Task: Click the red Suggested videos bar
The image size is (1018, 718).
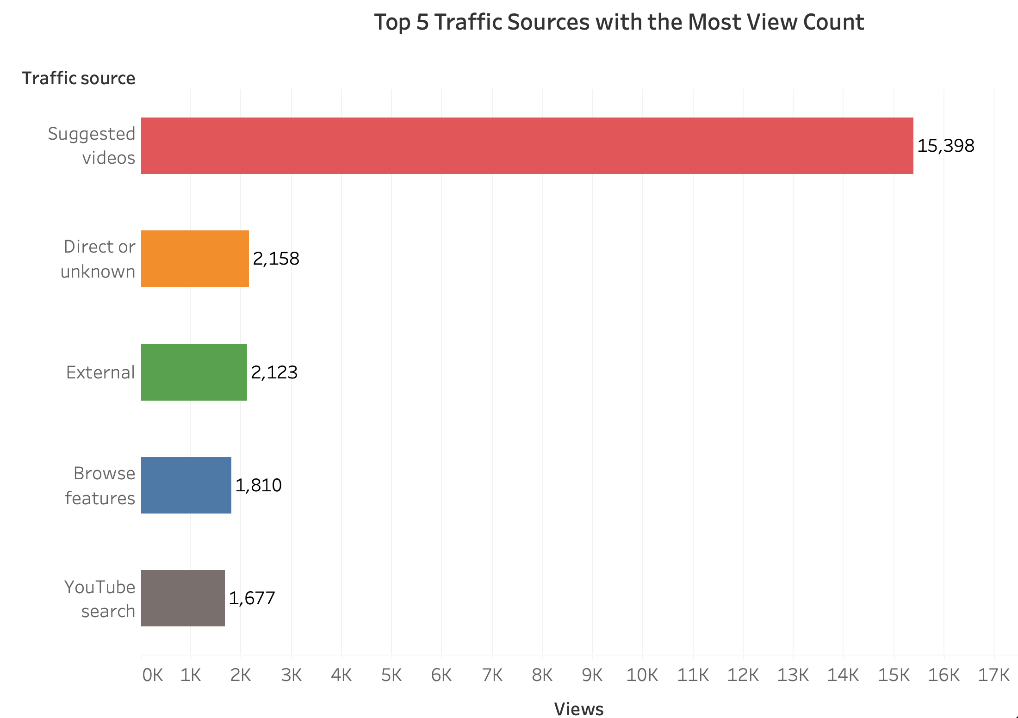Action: coord(527,146)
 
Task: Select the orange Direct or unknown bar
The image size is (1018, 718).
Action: coord(195,259)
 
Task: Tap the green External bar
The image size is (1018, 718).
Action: coord(194,372)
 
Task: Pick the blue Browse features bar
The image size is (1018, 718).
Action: coord(186,485)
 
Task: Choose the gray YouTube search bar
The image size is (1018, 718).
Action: coord(183,598)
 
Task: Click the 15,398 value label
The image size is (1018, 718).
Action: coord(945,146)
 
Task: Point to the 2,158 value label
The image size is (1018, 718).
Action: coord(276,259)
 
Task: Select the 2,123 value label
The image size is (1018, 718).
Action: coord(274,373)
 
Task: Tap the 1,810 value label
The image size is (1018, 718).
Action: coord(258,486)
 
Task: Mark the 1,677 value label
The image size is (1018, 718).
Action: coord(252,599)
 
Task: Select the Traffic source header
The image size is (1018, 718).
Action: coord(79,79)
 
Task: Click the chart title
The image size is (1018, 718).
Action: coord(619,22)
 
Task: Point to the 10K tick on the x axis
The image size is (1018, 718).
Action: coord(642,675)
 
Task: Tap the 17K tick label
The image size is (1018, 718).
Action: coord(993,675)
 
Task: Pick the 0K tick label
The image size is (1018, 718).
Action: coord(152,675)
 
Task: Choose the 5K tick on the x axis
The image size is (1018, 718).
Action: coord(391,675)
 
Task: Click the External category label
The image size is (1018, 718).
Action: coord(100,373)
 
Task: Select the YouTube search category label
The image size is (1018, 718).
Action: coord(100,599)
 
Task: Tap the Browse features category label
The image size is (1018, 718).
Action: coord(100,486)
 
